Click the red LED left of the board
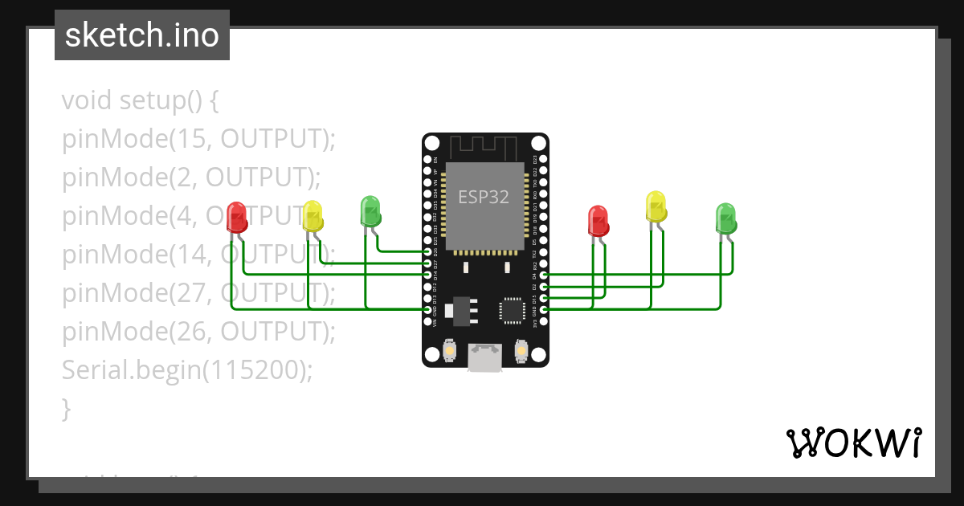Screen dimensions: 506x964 point(236,217)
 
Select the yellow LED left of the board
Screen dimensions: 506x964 point(312,216)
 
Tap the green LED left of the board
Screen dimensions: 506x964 point(370,210)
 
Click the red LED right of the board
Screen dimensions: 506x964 point(598,221)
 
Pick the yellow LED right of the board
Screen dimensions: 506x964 point(656,206)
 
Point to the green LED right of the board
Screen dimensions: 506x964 point(725,218)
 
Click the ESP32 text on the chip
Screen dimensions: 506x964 point(484,197)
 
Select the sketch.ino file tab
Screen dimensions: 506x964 point(142,35)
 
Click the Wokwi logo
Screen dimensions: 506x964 point(853,443)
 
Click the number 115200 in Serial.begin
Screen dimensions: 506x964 point(258,369)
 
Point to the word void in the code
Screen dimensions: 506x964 point(87,101)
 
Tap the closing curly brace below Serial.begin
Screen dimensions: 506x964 point(67,409)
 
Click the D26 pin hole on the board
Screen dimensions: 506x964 point(427,251)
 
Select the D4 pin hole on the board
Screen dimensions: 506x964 point(544,275)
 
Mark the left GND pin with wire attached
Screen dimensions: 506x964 point(427,309)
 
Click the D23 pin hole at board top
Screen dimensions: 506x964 point(544,159)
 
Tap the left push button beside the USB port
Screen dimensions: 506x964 point(449,352)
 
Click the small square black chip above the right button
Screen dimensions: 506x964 point(513,310)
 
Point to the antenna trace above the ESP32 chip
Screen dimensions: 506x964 point(484,147)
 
